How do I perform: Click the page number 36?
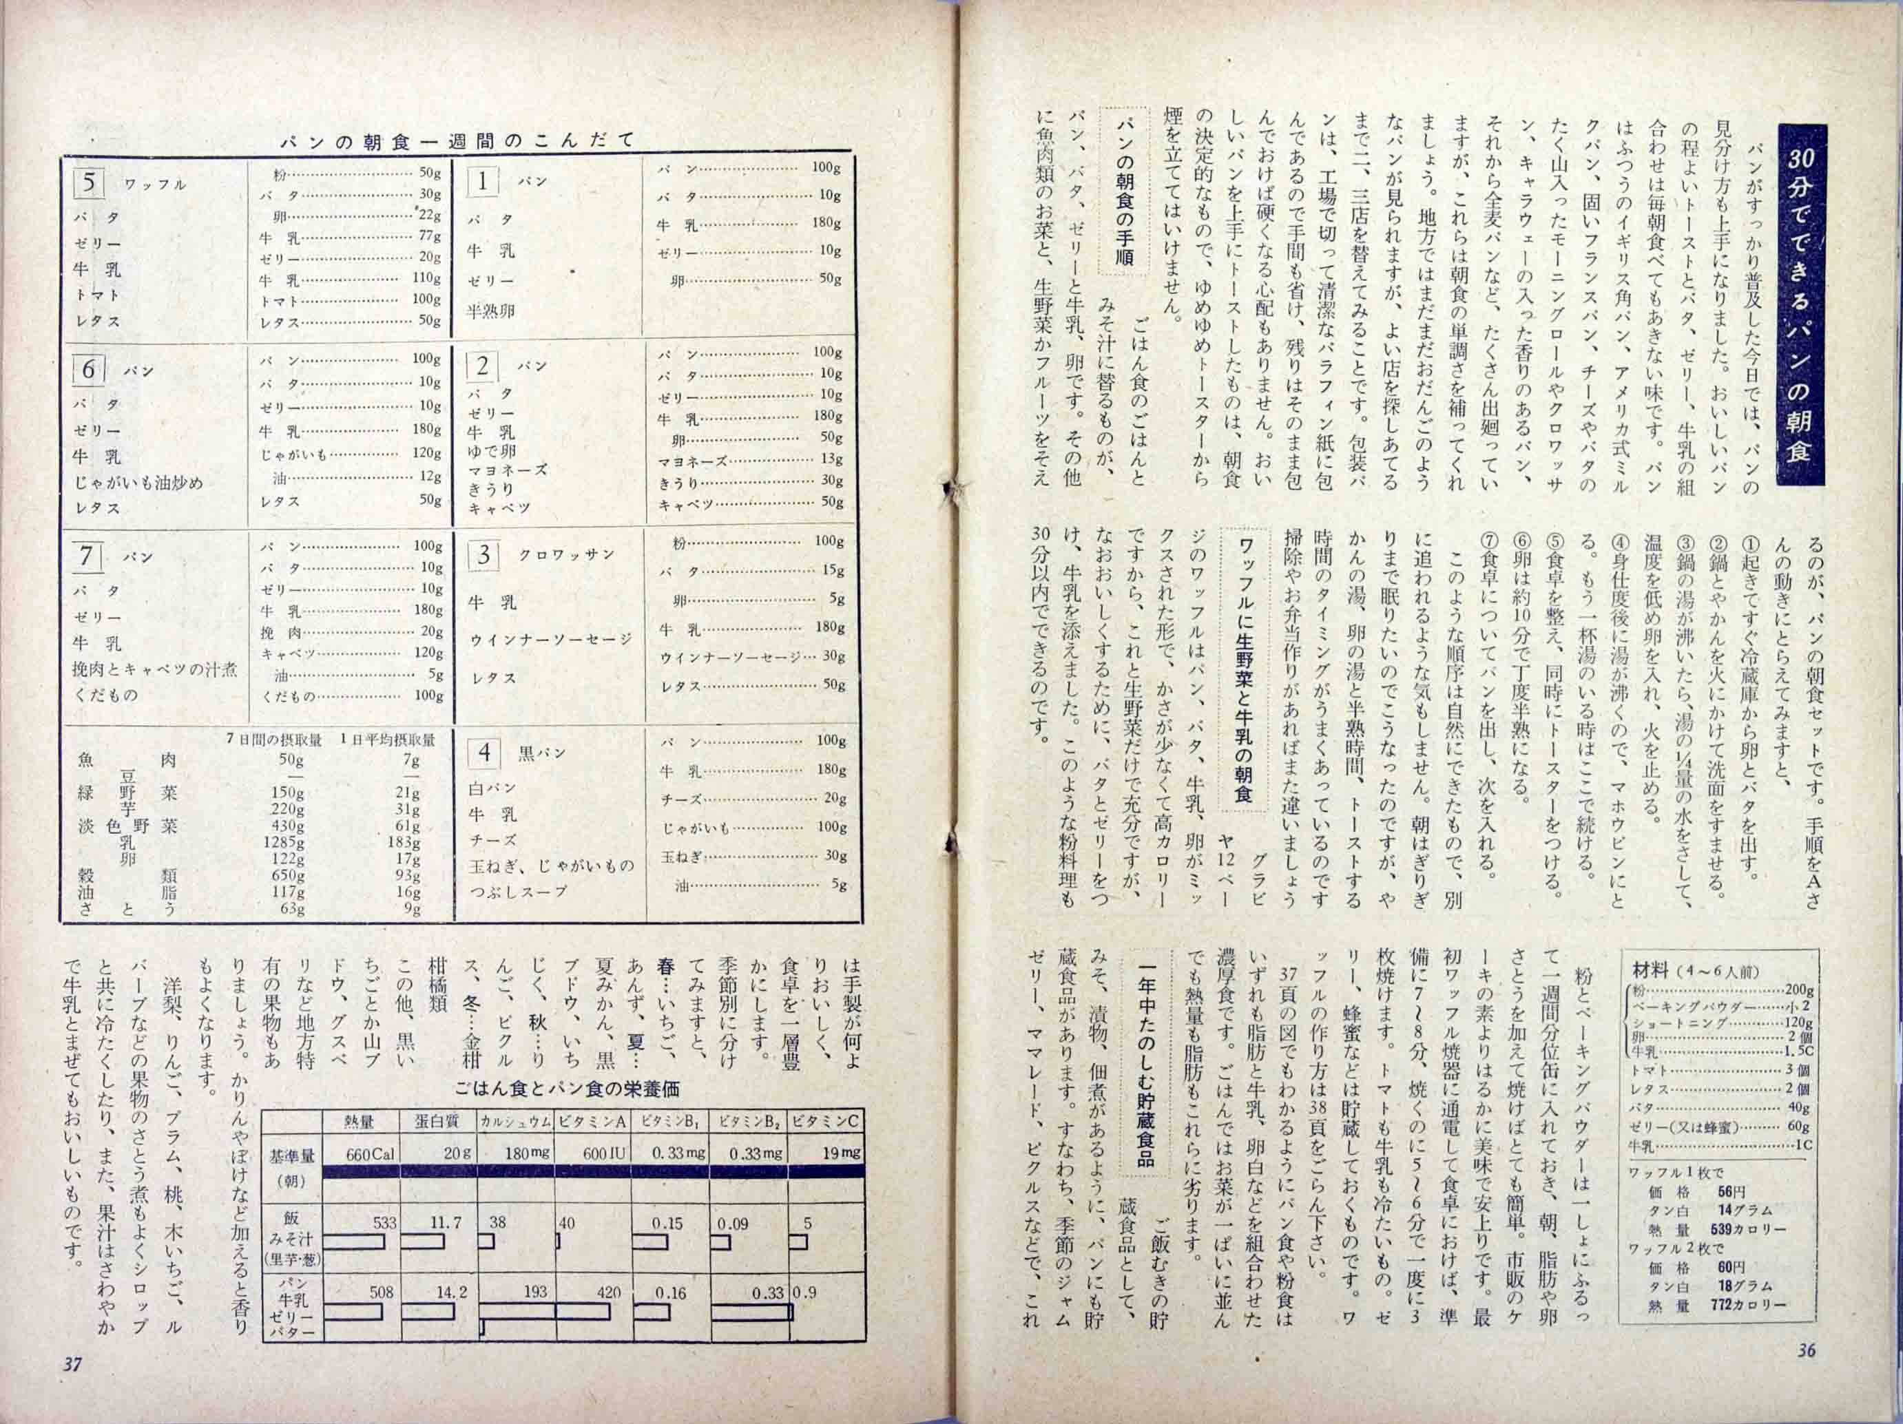1806,1351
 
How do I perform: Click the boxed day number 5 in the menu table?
90,183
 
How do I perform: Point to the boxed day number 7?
87,556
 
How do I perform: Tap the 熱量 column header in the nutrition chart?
360,1120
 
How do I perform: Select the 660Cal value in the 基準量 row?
370,1154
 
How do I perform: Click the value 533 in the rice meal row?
382,1222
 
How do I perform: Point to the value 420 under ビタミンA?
608,1292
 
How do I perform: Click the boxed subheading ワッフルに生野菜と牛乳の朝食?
1245,671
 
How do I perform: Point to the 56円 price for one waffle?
1729,1193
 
